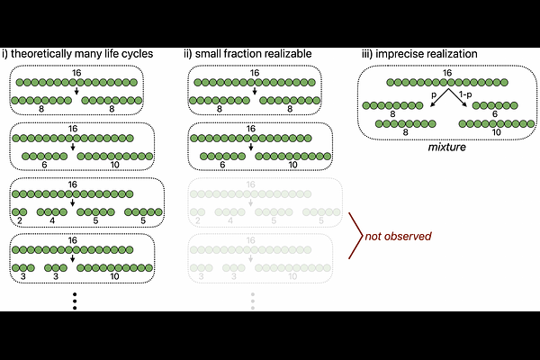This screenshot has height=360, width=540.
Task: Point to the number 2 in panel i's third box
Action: click(x=20, y=220)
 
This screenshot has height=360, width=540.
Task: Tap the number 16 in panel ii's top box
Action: click(x=255, y=73)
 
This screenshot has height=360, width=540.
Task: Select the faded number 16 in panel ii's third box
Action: click(x=255, y=186)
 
